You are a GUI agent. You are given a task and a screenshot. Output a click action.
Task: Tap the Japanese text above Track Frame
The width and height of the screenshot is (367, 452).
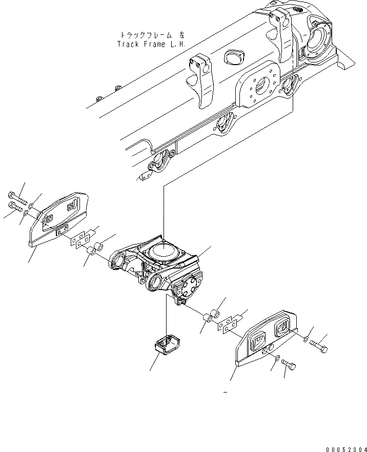coord(152,35)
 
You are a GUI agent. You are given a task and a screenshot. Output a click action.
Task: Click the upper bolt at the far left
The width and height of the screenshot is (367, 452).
coord(16,196)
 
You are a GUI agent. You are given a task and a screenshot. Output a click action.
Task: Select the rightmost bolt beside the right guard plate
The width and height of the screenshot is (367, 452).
coord(321,348)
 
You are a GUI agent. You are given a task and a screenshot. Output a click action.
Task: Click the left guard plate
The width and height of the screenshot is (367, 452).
coord(60,217)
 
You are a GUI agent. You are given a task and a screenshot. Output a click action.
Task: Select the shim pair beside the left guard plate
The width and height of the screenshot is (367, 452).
coord(80,239)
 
